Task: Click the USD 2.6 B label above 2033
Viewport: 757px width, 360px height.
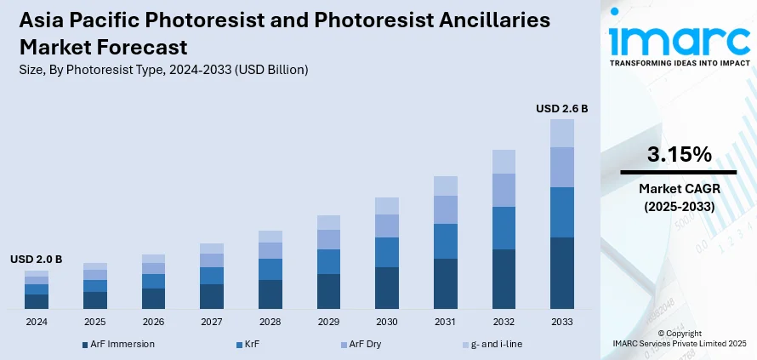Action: pos(561,109)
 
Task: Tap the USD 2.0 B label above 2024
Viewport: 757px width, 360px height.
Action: pos(36,259)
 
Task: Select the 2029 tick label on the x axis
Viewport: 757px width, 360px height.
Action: pos(328,323)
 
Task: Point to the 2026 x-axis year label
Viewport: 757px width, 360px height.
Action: pos(153,323)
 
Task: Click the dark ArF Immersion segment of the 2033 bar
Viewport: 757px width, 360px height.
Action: pos(561,272)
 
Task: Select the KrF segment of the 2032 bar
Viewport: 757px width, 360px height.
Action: pos(504,228)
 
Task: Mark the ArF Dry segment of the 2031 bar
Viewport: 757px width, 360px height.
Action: pos(446,209)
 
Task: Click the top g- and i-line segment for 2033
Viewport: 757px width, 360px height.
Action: pos(561,133)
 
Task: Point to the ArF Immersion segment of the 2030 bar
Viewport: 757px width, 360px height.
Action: pos(387,288)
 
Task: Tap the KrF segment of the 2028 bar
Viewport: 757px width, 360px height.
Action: pos(270,269)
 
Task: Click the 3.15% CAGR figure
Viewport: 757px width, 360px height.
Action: pos(678,155)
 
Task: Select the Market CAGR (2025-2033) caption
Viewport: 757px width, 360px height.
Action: pos(678,198)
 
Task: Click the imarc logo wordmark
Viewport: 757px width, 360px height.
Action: pos(678,38)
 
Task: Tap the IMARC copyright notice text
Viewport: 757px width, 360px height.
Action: pos(678,339)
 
